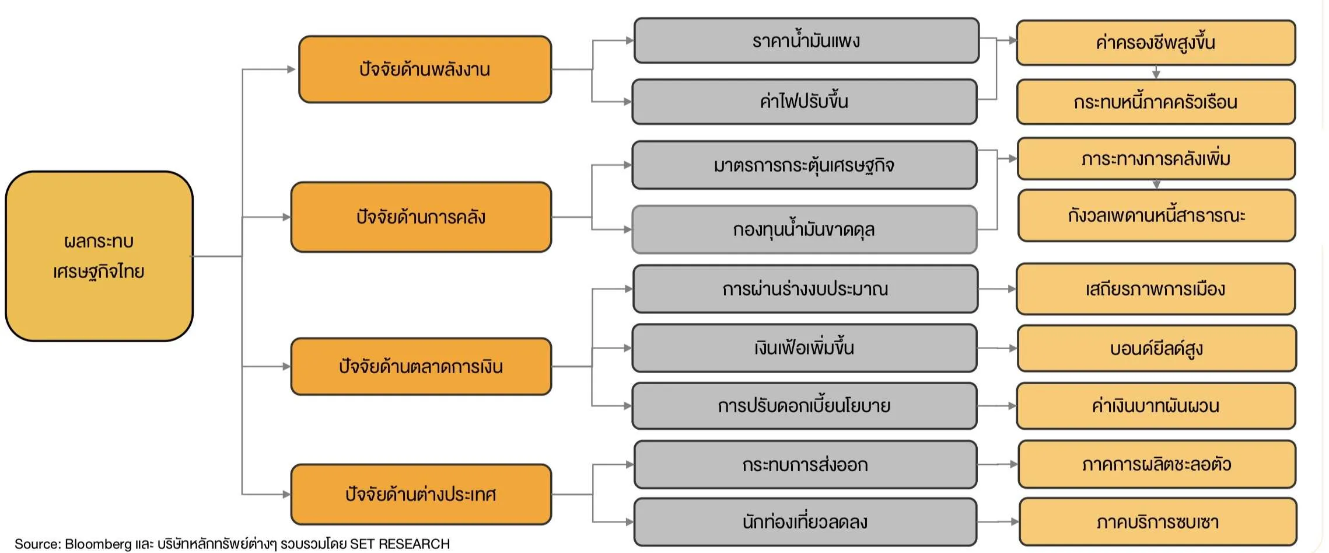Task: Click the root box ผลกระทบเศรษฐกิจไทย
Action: (x=99, y=256)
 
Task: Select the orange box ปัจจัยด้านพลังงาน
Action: (x=425, y=69)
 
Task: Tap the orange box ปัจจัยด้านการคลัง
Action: (x=421, y=217)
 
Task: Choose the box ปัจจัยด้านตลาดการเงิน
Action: (x=421, y=367)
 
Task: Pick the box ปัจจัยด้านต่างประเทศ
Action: (x=421, y=495)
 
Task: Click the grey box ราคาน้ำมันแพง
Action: (x=806, y=41)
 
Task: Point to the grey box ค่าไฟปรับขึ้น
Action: (x=804, y=102)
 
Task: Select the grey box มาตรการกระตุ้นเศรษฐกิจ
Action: (x=804, y=165)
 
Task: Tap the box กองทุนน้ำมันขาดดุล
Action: (x=804, y=229)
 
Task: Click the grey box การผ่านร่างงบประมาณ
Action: (x=805, y=289)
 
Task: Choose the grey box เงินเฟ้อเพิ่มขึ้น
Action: (x=804, y=348)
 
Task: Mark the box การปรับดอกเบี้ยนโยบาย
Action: (x=804, y=406)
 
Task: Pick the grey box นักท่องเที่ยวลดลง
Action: (x=805, y=521)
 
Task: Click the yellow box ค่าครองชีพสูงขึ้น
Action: (x=1155, y=43)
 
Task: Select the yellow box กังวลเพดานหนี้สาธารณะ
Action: (x=1156, y=215)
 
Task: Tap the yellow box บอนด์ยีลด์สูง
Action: (x=1156, y=349)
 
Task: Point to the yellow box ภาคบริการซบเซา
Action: (x=1157, y=521)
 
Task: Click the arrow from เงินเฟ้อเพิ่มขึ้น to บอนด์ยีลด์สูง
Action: (x=997, y=349)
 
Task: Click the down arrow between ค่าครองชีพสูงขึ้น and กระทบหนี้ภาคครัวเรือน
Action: (x=1156, y=72)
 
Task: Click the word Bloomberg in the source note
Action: (x=98, y=544)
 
